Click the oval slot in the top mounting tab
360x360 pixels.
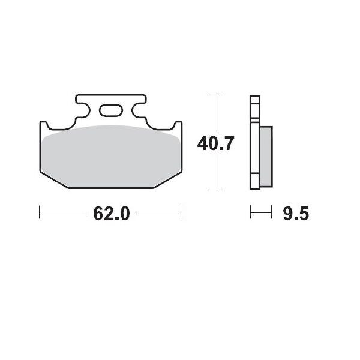coord(111,110)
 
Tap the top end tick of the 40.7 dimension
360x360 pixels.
coord(216,95)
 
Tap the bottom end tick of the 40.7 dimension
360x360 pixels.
coord(216,188)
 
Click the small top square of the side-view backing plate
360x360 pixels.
coord(254,100)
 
